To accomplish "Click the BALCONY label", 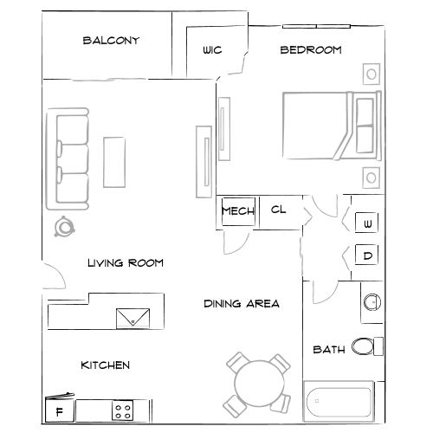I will point(111,41).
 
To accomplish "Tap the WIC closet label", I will point(212,51).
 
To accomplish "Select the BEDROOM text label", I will point(310,50).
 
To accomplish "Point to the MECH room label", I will point(236,210).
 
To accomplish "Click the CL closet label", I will point(278,210).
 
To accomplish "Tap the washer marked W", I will point(367,223).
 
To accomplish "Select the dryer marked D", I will point(367,255).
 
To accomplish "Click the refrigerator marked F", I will point(59,410).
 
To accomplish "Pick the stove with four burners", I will point(124,410).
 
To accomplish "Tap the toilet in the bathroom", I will point(369,347).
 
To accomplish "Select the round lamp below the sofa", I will point(65,228).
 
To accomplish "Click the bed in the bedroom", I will point(329,126).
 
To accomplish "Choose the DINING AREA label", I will point(242,304).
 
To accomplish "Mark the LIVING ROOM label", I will point(126,262).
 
